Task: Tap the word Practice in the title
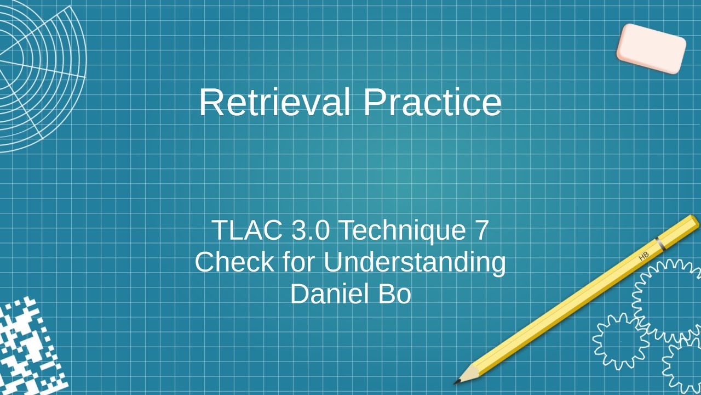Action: point(432,102)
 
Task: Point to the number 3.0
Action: point(310,230)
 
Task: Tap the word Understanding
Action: point(414,262)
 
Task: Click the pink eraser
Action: point(651,48)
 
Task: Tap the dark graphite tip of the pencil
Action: point(457,381)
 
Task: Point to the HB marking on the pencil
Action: point(643,256)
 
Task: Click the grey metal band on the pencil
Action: point(660,244)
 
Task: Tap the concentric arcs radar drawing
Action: point(38,71)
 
